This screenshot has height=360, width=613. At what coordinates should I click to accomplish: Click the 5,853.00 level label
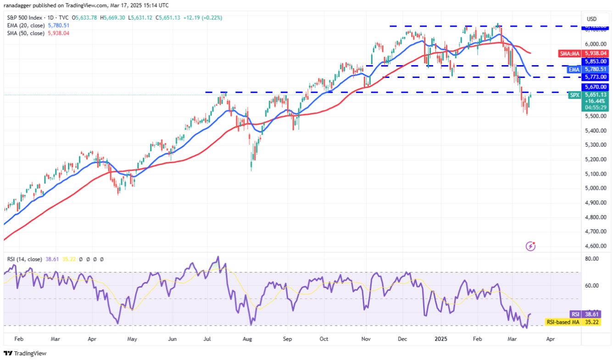pyautogui.click(x=595, y=61)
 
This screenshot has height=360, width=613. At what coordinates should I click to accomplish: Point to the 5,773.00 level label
pyautogui.click(x=595, y=77)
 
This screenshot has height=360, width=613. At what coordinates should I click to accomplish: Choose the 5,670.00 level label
pyautogui.click(x=595, y=87)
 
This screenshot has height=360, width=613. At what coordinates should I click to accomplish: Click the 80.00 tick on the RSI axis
pyautogui.click(x=593, y=259)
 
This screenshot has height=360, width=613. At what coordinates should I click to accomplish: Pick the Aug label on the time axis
pyautogui.click(x=247, y=339)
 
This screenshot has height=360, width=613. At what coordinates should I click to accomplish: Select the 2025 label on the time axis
pyautogui.click(x=441, y=339)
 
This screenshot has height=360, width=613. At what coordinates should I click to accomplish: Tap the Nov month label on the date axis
pyautogui.click(x=366, y=339)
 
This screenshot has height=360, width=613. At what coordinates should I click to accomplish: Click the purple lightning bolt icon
pyautogui.click(x=531, y=246)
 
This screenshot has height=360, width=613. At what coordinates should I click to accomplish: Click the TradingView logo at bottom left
pyautogui.click(x=25, y=354)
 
